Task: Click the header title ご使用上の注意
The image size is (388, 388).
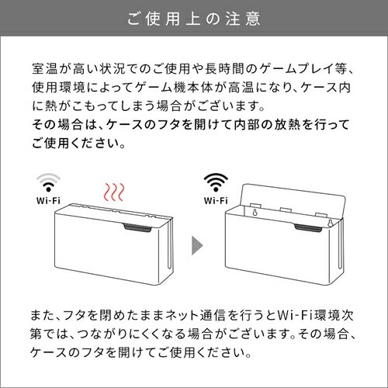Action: point(194,18)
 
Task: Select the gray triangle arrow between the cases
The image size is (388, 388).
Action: point(197,248)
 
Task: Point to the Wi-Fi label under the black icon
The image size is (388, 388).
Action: point(216,200)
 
